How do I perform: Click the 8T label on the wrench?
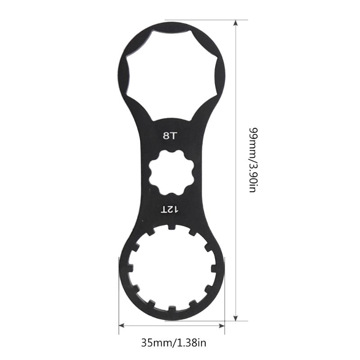[171, 134]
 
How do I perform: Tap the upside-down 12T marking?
[171, 209]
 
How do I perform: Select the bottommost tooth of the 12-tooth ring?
[171, 310]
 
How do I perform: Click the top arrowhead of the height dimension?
[235, 22]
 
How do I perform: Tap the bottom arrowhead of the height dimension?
[235, 318]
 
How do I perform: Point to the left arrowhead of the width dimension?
[121, 325]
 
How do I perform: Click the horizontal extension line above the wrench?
[207, 20]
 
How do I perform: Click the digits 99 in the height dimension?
[252, 133]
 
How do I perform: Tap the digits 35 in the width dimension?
[145, 343]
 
